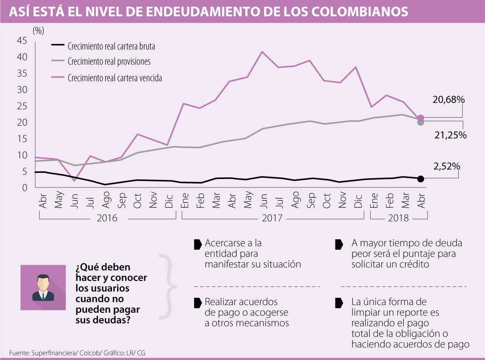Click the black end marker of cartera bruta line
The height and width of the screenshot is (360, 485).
tap(420, 179)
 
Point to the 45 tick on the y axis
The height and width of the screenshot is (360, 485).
tap(22, 41)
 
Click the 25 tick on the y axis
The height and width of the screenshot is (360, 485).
tap(22, 106)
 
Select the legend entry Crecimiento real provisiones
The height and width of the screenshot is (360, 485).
tap(109, 62)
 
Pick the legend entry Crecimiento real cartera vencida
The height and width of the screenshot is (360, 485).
tap(115, 78)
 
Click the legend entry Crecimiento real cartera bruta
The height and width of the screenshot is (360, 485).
tap(112, 46)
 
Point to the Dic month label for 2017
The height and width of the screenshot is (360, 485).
tap(358, 199)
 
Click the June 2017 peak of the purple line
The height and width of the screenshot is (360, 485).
tap(262, 52)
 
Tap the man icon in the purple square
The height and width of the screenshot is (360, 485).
tap(43, 287)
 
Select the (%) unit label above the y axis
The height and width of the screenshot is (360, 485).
tap(38, 30)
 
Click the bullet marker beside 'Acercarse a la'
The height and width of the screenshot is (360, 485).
tap(198, 244)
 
